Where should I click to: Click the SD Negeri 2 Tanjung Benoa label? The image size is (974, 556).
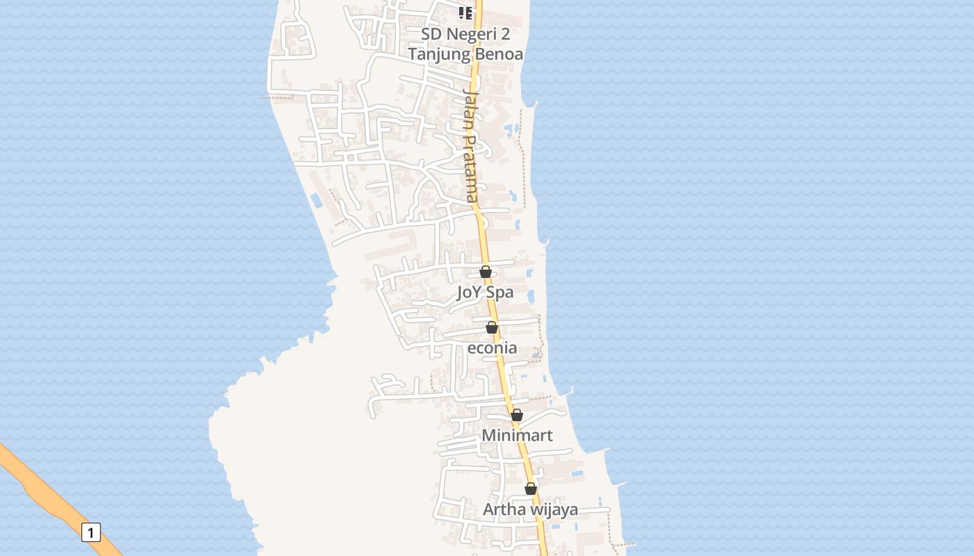click(x=465, y=44)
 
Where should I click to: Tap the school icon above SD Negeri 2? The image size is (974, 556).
click(x=465, y=13)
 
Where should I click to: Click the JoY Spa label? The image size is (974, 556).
click(x=485, y=292)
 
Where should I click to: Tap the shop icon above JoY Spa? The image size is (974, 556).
click(x=486, y=272)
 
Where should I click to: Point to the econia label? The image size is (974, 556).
click(x=492, y=347)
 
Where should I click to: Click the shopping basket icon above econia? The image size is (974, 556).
click(x=492, y=327)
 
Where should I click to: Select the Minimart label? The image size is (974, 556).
click(x=518, y=435)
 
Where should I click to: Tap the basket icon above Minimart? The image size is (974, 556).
click(x=517, y=415)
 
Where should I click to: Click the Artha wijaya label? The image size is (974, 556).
click(x=530, y=509)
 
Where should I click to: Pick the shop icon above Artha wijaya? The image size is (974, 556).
click(x=531, y=489)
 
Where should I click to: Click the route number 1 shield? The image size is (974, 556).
click(x=91, y=532)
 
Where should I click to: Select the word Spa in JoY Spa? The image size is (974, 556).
click(x=500, y=292)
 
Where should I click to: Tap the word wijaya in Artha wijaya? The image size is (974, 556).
click(x=554, y=509)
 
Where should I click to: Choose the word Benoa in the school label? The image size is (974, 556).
click(x=500, y=54)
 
